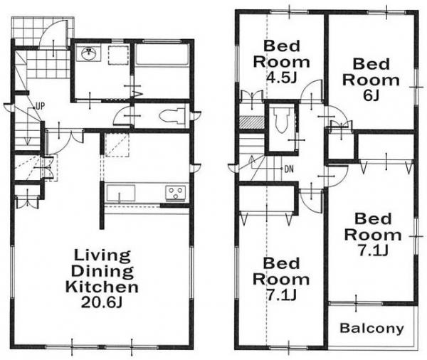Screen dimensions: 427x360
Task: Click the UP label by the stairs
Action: point(40,106)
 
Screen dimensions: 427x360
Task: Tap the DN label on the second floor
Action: point(289,169)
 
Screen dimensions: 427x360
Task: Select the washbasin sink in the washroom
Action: point(88,53)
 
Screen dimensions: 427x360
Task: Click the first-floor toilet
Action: point(172,117)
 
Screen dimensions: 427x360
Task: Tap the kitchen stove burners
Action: point(176,193)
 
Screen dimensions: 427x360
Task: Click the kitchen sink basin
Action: point(121,194)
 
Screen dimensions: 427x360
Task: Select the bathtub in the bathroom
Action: point(162,55)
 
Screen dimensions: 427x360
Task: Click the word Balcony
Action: point(371,328)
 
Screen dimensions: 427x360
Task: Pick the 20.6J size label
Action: point(101,302)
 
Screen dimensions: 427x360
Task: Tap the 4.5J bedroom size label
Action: point(281,78)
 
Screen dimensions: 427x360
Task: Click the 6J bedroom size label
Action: point(371,95)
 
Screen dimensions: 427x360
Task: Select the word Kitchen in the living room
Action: point(102,287)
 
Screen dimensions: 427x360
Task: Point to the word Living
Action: point(102,256)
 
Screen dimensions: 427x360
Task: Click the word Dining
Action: point(102,271)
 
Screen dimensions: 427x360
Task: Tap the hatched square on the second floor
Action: point(252,122)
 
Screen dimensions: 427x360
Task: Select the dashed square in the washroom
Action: point(118,55)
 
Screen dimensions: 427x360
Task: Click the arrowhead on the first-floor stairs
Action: point(27,141)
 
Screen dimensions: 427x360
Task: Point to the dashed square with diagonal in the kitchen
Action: point(117,145)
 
